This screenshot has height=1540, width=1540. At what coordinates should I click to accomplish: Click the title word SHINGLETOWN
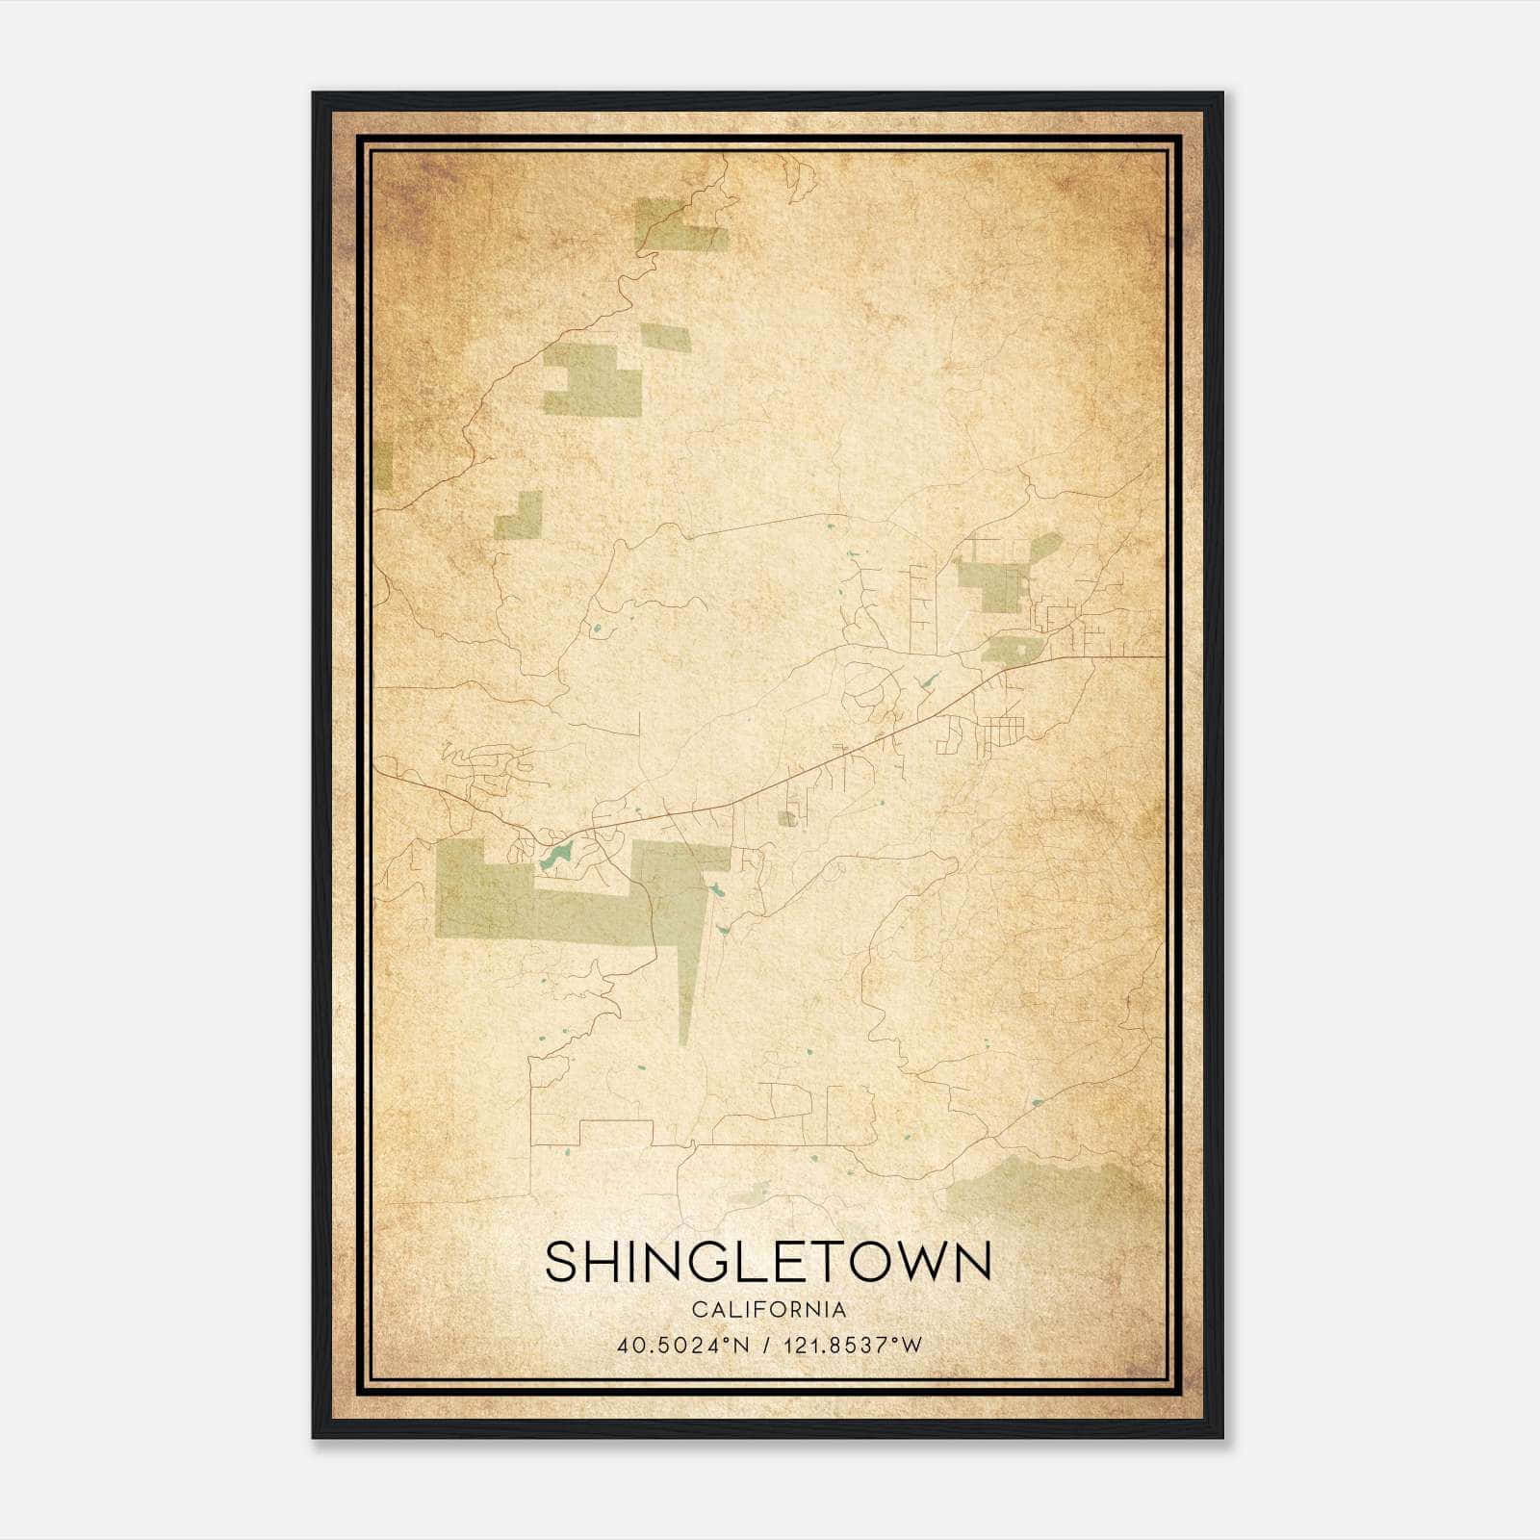point(768,1261)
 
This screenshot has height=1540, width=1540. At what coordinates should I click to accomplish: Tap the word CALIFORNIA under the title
point(768,1310)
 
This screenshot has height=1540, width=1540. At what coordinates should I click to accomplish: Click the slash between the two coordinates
point(765,1346)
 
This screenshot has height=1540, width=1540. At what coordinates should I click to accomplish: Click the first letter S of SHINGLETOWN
point(562,1261)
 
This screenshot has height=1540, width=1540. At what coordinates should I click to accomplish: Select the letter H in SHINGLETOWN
point(604,1261)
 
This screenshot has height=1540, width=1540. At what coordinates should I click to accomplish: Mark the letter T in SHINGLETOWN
point(826,1261)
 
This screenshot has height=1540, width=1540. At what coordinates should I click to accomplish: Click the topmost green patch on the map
point(678,225)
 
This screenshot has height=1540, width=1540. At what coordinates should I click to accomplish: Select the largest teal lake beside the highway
point(554,855)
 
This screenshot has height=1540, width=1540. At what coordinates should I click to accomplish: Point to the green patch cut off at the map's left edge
point(383,467)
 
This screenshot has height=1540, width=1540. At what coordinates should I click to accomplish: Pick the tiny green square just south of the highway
point(787,819)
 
